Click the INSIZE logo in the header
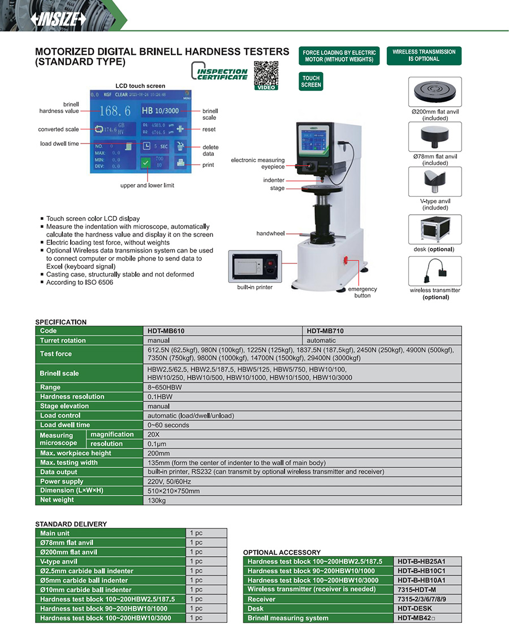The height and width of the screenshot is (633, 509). (x=59, y=19)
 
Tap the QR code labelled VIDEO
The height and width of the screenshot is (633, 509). (x=266, y=73)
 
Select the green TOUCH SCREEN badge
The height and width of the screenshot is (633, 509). (x=311, y=81)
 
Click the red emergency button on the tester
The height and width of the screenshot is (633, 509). (x=346, y=261)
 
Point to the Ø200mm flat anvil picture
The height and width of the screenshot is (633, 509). (x=435, y=92)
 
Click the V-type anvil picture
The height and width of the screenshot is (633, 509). (x=435, y=181)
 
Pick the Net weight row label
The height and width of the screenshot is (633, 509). (x=57, y=500)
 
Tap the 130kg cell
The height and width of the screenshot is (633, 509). (x=157, y=500)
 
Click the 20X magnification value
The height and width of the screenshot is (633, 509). (x=154, y=434)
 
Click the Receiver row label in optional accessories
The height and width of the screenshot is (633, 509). (x=261, y=599)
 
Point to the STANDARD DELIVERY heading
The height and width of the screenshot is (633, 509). (x=71, y=524)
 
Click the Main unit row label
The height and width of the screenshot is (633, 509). (x=55, y=533)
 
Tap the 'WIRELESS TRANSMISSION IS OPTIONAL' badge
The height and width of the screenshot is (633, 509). (x=424, y=55)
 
